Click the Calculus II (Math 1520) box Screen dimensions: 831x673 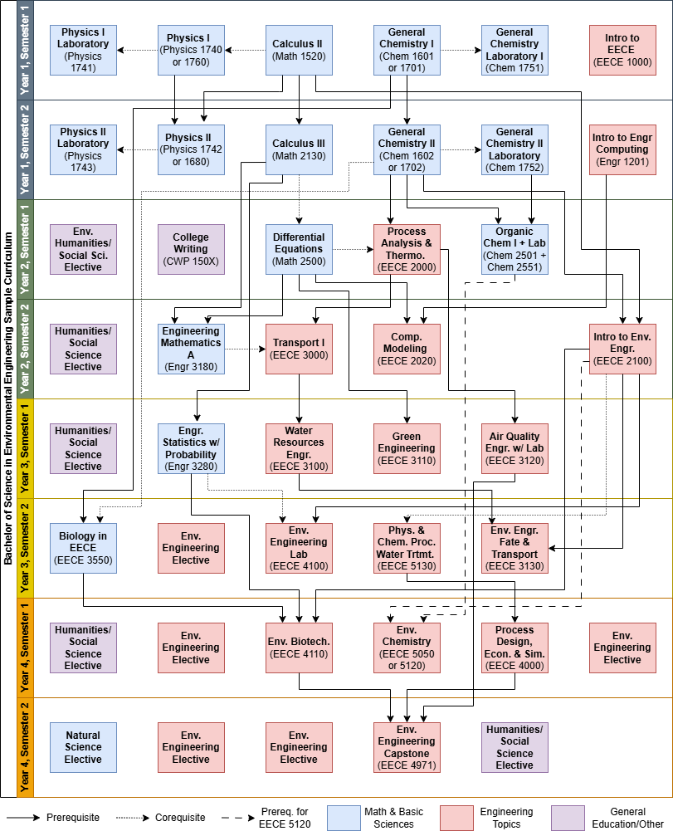pyautogui.click(x=299, y=50)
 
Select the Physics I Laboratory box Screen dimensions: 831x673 pyautogui.click(x=83, y=50)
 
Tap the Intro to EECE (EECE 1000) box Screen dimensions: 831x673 pyautogui.click(x=622, y=50)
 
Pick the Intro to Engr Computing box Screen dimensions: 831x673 pyautogui.click(x=622, y=149)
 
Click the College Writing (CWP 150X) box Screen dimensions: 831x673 pyautogui.click(x=191, y=249)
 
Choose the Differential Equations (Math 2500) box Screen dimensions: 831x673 pyautogui.click(x=299, y=249)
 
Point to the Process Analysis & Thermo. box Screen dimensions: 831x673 pyautogui.click(x=407, y=249)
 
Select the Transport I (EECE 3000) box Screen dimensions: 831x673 pyautogui.click(x=299, y=349)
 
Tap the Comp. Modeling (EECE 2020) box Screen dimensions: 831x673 pyautogui.click(x=407, y=349)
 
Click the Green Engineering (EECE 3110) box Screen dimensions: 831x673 pyautogui.click(x=407, y=448)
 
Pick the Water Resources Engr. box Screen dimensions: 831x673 pyautogui.click(x=299, y=448)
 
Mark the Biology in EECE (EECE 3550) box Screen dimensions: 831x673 pyautogui.click(x=83, y=548)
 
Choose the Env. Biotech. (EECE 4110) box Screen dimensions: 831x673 pyautogui.click(x=299, y=648)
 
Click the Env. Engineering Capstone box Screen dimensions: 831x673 pyautogui.click(x=407, y=747)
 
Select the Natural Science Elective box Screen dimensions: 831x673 pyautogui.click(x=83, y=747)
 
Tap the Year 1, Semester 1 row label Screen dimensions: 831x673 pyautogui.click(x=25, y=50)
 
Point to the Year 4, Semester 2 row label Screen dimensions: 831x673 pyautogui.click(x=25, y=747)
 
